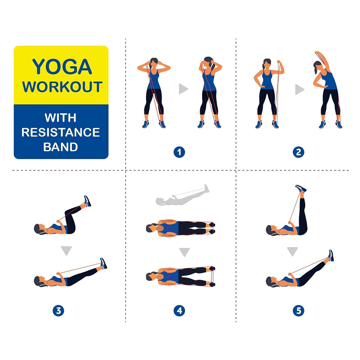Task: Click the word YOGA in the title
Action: pos(62,67)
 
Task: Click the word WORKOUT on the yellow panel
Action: pos(62,87)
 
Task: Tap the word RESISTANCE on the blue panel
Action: pos(60,132)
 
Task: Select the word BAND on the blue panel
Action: pos(60,147)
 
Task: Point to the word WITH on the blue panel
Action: pos(60,118)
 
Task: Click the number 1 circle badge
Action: pos(179,152)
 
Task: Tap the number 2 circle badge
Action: pos(298,152)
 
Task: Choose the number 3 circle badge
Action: pos(58,311)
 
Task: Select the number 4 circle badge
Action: pos(179,311)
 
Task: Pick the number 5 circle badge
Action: pos(298,311)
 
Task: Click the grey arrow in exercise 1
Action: pos(183,89)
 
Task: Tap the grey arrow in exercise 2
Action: pos(300,89)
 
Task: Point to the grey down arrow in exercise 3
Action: pos(67,250)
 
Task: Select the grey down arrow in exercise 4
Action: pos(184,252)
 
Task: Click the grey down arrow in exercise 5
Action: pos(292,251)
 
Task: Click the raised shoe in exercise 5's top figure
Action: pos(301,189)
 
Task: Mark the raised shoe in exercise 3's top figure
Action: pos(87,201)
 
